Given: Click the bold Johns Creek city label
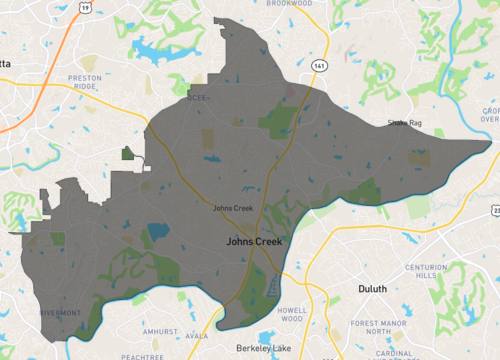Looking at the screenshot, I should (254, 241).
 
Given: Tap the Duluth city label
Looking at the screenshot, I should (372, 289).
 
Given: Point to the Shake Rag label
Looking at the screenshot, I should (405, 124).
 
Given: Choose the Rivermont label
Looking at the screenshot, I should (60, 312).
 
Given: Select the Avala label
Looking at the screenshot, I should (196, 336).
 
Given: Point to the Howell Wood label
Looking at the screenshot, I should (292, 315).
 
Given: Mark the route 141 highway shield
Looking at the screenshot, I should (317, 63).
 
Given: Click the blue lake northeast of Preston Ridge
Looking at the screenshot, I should (150, 49).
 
